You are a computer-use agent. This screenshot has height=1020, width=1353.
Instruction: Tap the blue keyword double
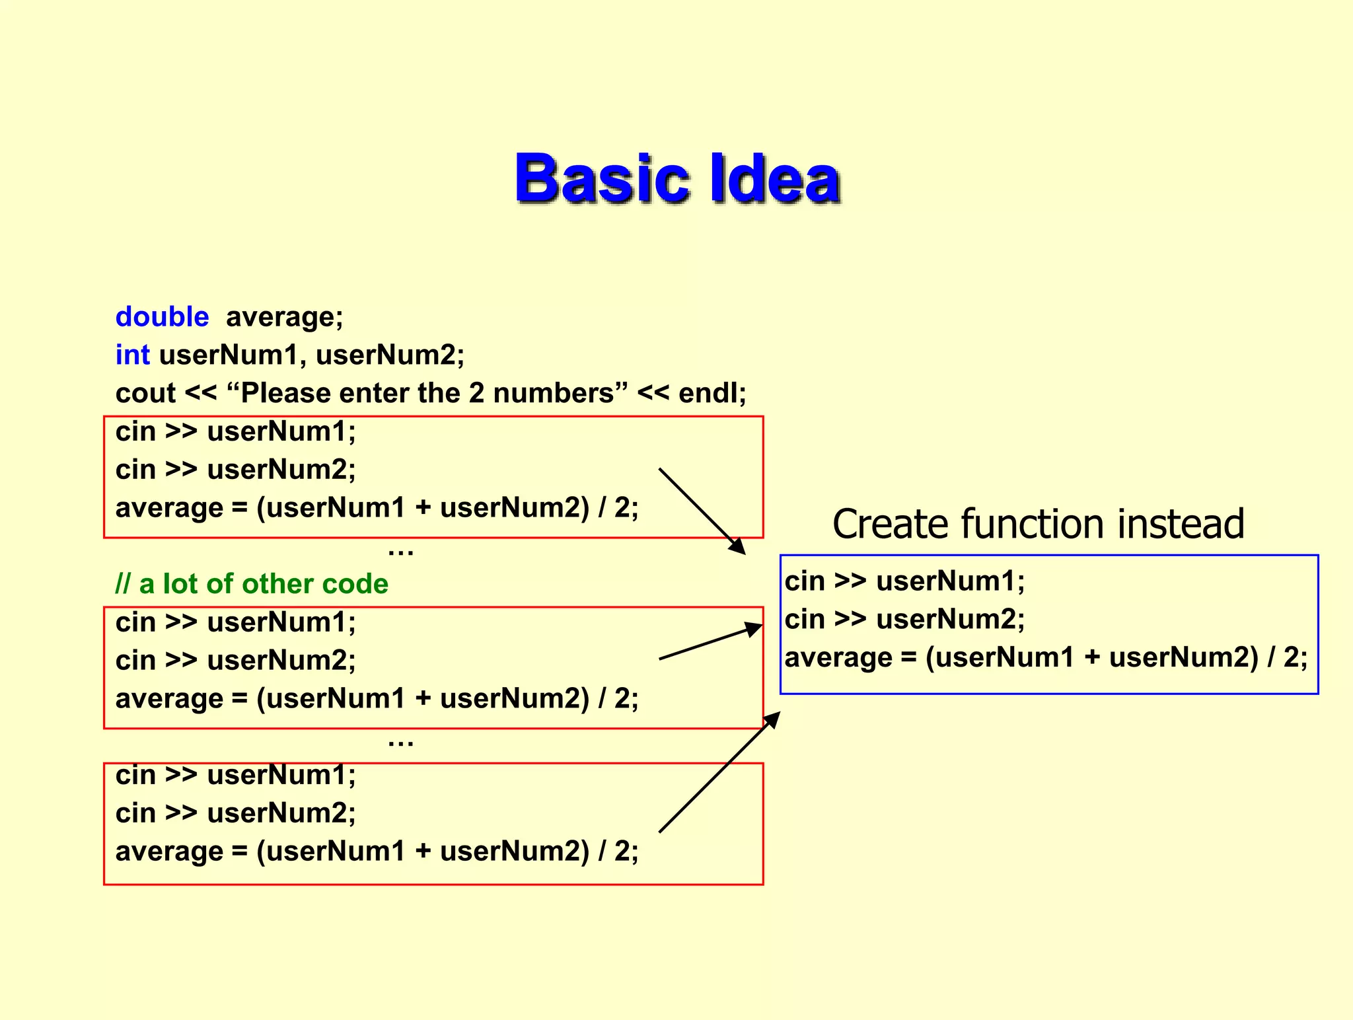coord(162,317)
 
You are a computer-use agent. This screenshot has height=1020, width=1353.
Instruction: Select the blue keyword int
coord(132,355)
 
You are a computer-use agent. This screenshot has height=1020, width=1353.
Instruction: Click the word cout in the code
coord(145,394)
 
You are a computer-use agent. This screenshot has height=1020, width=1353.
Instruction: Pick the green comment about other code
coord(252,584)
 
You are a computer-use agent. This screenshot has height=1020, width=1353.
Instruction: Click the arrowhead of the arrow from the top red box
coord(738,547)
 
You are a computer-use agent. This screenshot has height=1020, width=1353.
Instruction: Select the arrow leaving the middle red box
coord(710,642)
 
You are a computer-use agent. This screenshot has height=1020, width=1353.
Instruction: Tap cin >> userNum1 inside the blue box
coord(904,581)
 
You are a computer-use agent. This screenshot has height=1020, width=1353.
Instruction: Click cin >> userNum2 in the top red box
coord(235,470)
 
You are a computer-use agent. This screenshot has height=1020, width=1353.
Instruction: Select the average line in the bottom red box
coord(377,851)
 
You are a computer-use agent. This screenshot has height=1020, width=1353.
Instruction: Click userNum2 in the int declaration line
coord(389,355)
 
